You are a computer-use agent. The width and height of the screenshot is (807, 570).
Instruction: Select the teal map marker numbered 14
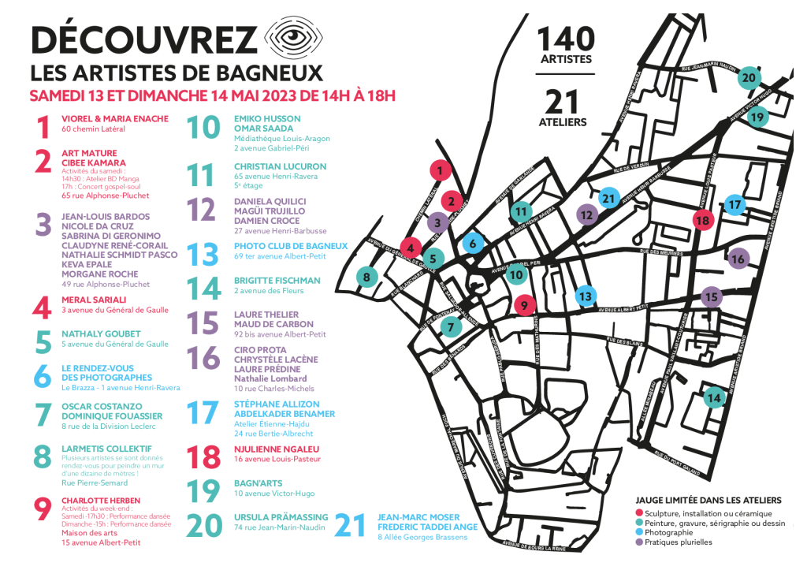(714, 398)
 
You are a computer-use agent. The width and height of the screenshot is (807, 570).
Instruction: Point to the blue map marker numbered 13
(584, 296)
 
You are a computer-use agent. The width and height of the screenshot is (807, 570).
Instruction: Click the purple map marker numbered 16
(738, 258)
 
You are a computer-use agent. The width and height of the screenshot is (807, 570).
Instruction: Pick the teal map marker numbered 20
(749, 77)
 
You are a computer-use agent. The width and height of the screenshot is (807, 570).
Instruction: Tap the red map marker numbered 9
(524, 305)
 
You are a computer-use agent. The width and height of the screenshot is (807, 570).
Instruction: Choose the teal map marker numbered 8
(366, 276)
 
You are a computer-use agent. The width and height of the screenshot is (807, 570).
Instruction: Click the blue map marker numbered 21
(608, 199)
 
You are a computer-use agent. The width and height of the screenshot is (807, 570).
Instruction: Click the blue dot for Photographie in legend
(638, 532)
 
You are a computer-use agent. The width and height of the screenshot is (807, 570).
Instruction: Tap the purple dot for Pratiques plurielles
(638, 542)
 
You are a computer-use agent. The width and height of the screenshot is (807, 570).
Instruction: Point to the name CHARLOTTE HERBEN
(101, 501)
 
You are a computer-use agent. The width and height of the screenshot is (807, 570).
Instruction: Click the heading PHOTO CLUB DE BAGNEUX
(291, 246)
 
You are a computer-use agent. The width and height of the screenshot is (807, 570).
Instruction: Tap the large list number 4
(41, 304)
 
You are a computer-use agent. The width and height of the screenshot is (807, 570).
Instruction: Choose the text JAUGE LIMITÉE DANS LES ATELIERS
(708, 500)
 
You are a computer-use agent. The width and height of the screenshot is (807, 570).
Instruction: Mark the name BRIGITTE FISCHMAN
(277, 281)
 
